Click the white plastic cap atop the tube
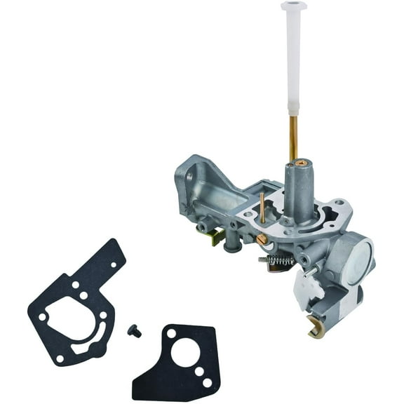294,7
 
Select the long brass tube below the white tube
293,137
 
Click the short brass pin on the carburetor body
262,205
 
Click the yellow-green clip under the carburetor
219,236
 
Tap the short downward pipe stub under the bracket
234,245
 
